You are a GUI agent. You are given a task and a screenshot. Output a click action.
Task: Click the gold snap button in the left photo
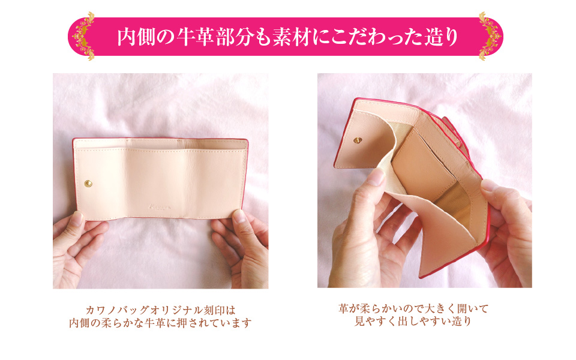click(x=88, y=184)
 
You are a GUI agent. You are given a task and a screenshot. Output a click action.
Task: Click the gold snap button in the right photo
click(x=358, y=140)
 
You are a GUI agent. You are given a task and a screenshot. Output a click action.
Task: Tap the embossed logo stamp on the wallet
click(x=160, y=207)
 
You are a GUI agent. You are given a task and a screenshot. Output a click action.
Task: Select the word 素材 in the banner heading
click(x=292, y=37)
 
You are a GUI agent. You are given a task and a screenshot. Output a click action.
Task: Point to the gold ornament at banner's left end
click(x=84, y=36)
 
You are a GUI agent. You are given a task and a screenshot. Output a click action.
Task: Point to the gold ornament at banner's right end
click(x=489, y=36)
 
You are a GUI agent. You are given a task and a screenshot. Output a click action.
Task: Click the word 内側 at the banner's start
click(x=137, y=37)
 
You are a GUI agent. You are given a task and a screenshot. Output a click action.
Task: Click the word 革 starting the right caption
click(x=343, y=308)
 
